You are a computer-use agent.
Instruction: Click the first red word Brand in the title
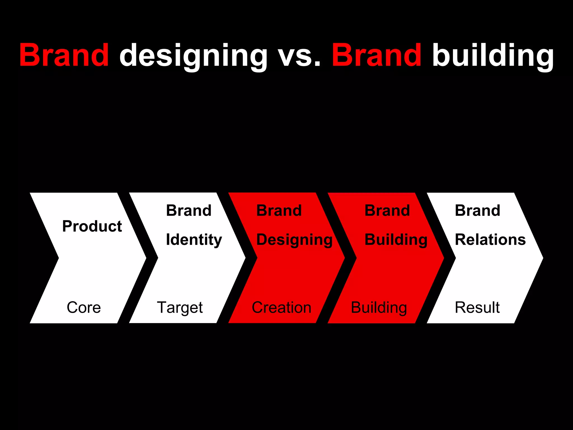pyautogui.click(x=64, y=55)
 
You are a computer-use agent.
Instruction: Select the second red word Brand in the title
pyautogui.click(x=376, y=55)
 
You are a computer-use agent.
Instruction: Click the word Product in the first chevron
pyautogui.click(x=92, y=226)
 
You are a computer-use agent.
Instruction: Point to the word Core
pyautogui.click(x=84, y=307)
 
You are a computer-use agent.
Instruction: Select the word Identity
pyautogui.click(x=194, y=240)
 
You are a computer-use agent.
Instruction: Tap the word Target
pyautogui.click(x=180, y=308)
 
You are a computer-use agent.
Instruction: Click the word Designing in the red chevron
pyautogui.click(x=294, y=240)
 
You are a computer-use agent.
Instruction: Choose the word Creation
pyautogui.click(x=281, y=307)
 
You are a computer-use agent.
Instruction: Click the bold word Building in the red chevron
pyautogui.click(x=396, y=240)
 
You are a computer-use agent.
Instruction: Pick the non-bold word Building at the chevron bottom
pyautogui.click(x=379, y=308)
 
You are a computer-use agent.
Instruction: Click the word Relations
pyautogui.click(x=490, y=240)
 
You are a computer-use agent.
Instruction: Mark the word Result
pyautogui.click(x=477, y=307)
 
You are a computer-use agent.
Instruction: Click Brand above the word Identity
pyautogui.click(x=189, y=211)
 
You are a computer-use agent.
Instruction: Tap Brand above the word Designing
pyautogui.click(x=279, y=211)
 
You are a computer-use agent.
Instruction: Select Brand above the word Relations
pyautogui.click(x=477, y=211)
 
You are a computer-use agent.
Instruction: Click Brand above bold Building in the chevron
pyautogui.click(x=387, y=211)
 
